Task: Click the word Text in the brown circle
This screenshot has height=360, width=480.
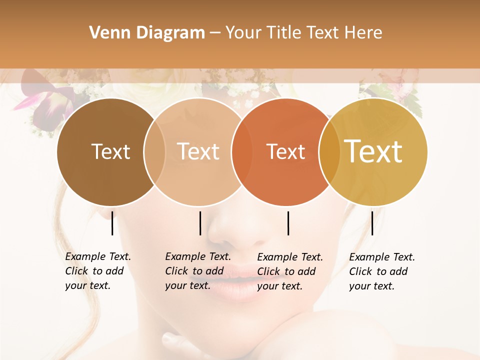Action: (110, 152)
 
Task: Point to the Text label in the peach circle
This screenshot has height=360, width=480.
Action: (198, 151)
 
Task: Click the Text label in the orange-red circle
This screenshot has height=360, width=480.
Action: (286, 152)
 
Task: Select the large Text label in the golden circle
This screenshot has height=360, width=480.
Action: (373, 151)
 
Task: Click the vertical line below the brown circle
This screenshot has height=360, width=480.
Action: (112, 223)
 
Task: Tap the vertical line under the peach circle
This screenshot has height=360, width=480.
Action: (200, 223)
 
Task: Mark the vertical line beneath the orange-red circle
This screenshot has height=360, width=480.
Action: (288, 223)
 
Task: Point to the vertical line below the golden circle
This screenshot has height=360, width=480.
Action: (372, 223)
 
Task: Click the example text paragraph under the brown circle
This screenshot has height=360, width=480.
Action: (97, 271)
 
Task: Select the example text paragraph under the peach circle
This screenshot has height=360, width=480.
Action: (197, 271)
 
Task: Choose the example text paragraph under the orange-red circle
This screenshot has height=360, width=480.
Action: (289, 271)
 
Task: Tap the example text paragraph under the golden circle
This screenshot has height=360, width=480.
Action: (381, 271)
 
